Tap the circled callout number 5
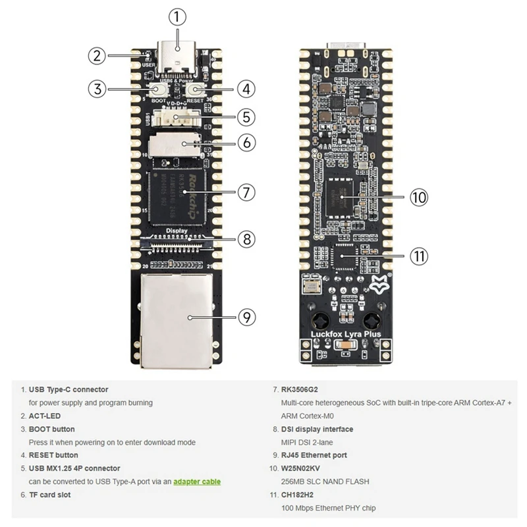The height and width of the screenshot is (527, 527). (245, 117)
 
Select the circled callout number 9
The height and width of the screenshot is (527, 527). (245, 317)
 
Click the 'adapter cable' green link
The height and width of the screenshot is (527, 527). (197, 482)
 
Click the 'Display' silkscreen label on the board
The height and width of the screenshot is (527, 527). (178, 231)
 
